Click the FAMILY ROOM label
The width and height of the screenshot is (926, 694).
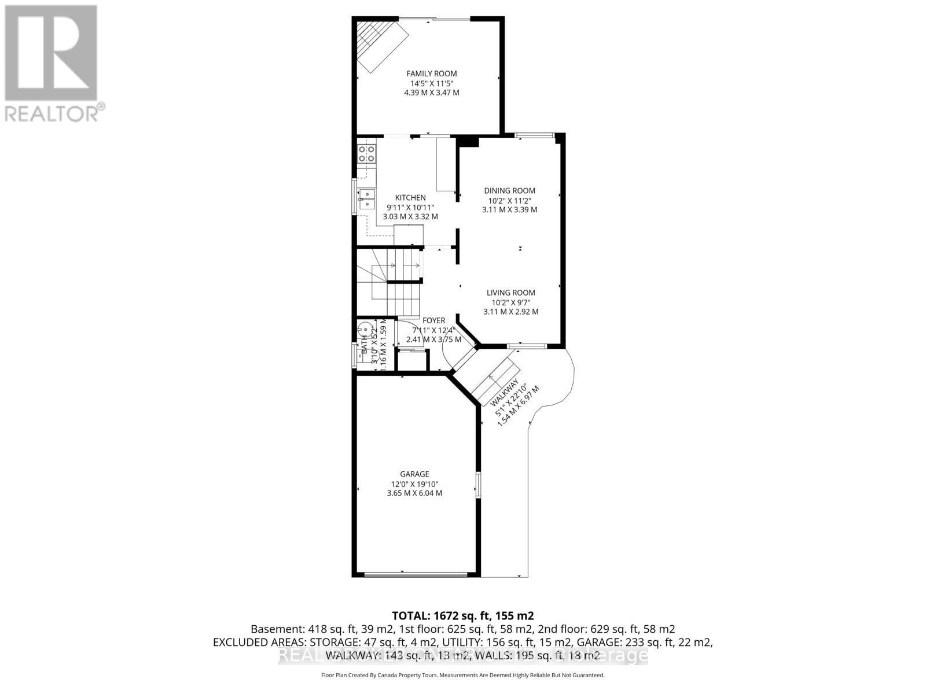click(431, 73)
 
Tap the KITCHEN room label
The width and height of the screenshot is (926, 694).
click(410, 198)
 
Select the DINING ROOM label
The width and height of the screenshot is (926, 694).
click(509, 191)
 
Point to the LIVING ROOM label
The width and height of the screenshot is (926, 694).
click(510, 293)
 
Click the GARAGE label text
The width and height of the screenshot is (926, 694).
click(414, 474)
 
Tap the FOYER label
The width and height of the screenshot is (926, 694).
click(433, 320)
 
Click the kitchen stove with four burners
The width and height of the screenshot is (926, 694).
click(366, 153)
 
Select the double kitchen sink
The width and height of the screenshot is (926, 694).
click(366, 198)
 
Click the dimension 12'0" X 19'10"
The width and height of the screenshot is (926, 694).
click(414, 484)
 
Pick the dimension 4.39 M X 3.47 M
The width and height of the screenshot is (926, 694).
click(431, 93)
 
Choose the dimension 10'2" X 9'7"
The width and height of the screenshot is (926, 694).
click(510, 302)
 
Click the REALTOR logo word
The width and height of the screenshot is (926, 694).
click(55, 113)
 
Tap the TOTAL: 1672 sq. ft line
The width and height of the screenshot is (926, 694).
click(462, 615)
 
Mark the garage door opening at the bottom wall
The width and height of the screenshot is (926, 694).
click(416, 575)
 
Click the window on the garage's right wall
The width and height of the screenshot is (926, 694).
click(478, 484)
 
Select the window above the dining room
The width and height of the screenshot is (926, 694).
click(534, 136)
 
